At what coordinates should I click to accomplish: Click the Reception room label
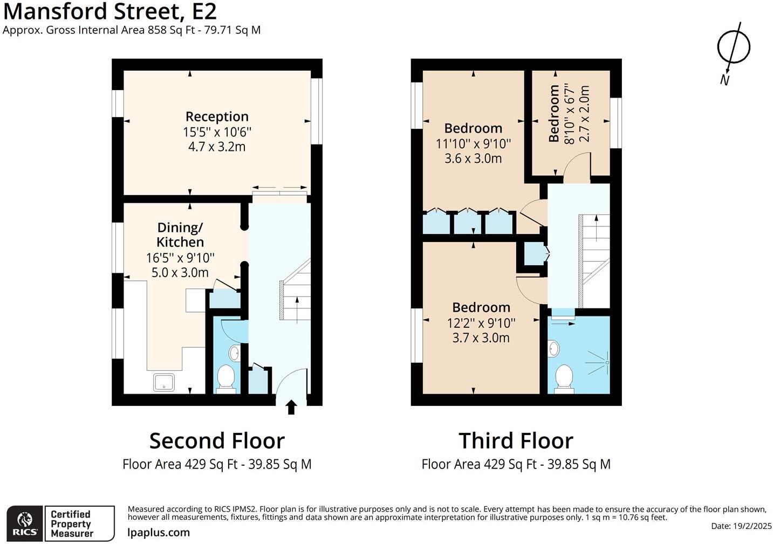pyautogui.click(x=217, y=116)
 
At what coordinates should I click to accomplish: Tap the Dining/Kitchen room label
pyautogui.click(x=180, y=235)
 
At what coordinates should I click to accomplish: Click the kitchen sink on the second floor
pyautogui.click(x=165, y=382)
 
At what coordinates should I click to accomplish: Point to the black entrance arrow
pyautogui.click(x=291, y=407)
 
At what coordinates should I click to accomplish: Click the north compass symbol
pyautogui.click(x=733, y=47)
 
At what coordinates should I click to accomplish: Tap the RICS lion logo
pyautogui.click(x=25, y=521)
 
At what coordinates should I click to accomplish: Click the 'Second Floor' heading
pyautogui.click(x=217, y=440)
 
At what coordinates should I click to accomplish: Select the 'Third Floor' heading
pyautogui.click(x=516, y=440)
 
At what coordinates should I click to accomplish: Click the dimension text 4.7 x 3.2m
pyautogui.click(x=217, y=147)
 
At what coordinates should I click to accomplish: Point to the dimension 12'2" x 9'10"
pyautogui.click(x=481, y=323)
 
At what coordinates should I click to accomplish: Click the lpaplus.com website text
pyautogui.click(x=159, y=532)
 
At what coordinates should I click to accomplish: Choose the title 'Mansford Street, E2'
pyautogui.click(x=110, y=11)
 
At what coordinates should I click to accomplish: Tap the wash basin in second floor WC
pyautogui.click(x=235, y=354)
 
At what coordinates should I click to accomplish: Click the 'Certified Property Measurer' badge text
pyautogui.click(x=72, y=524)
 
